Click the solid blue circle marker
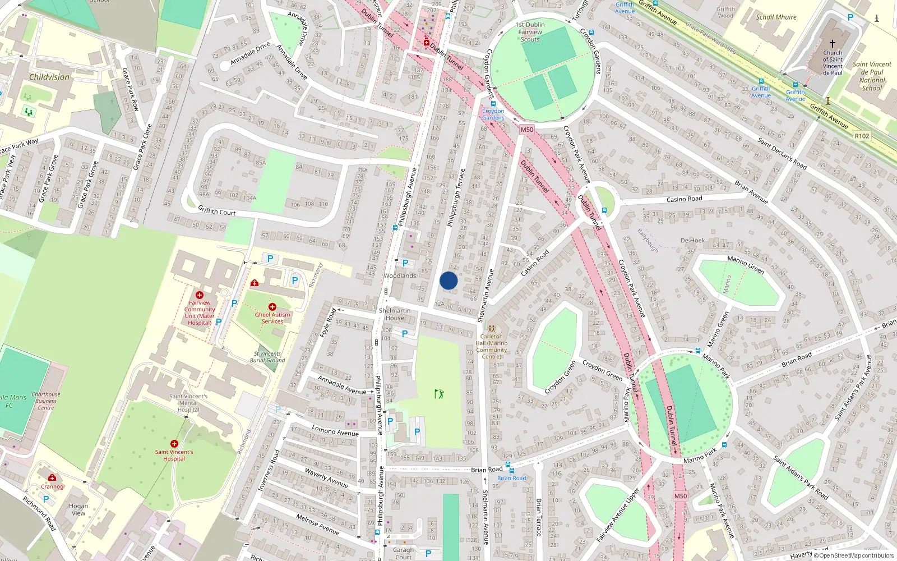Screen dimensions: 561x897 point(449,280)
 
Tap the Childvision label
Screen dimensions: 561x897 point(49,77)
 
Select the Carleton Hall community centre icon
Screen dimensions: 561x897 point(492,329)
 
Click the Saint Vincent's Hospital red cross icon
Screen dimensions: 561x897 point(174,444)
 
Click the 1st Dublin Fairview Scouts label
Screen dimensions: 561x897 point(530,32)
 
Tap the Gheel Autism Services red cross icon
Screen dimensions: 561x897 point(272,307)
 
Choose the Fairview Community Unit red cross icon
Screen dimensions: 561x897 point(200,295)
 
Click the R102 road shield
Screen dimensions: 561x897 point(862,136)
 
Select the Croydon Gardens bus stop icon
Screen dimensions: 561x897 point(493,104)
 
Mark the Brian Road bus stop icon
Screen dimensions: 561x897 point(511,471)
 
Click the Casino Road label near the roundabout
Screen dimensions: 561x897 point(684,199)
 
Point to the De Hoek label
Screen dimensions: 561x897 point(692,240)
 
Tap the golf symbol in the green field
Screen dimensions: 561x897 point(439,394)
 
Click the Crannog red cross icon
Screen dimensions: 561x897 point(52,478)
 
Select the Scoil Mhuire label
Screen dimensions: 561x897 point(776,17)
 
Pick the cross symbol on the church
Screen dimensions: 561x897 point(833,44)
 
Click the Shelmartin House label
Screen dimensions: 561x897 point(395,314)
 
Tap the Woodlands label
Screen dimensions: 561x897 point(400,275)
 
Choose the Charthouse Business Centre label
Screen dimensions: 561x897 point(46,401)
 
